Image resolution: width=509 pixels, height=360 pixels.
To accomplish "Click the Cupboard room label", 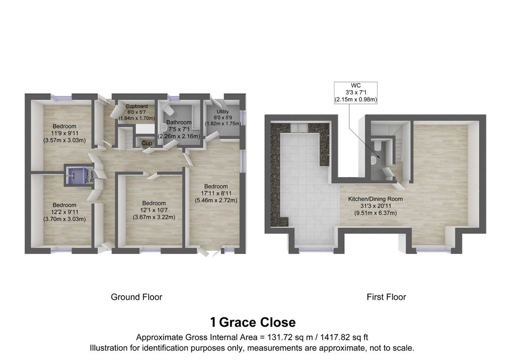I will point(136,106).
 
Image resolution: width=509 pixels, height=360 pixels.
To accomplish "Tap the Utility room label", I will point(216,112).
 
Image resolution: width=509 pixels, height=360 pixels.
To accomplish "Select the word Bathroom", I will point(179,122).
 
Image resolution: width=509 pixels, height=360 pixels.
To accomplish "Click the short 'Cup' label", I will point(147,144).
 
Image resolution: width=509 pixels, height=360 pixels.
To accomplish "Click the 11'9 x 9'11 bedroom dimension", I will point(65,133).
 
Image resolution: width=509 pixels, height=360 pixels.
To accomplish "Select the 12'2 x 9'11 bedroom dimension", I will point(65,212).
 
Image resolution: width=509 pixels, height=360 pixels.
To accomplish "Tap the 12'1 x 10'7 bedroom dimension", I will point(154,210).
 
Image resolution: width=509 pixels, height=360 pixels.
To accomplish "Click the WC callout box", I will point(356,92).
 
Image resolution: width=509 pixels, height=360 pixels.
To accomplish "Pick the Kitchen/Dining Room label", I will point(375,199).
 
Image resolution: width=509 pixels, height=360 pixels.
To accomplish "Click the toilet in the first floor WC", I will point(378,145).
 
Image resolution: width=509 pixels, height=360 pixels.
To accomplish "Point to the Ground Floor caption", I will point(136,297).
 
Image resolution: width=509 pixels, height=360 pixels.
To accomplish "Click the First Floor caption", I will point(386,297).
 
